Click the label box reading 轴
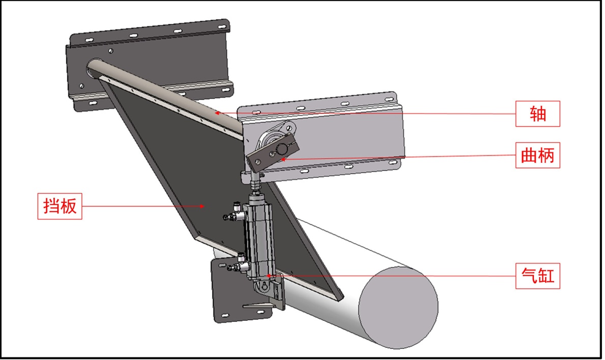click(x=537, y=114)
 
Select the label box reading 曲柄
click(x=537, y=155)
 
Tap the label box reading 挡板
click(x=60, y=206)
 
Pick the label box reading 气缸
click(x=537, y=276)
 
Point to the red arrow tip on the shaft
click(x=217, y=113)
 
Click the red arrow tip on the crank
click(x=283, y=159)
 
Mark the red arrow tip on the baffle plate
click(x=202, y=206)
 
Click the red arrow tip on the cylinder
click(x=268, y=276)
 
